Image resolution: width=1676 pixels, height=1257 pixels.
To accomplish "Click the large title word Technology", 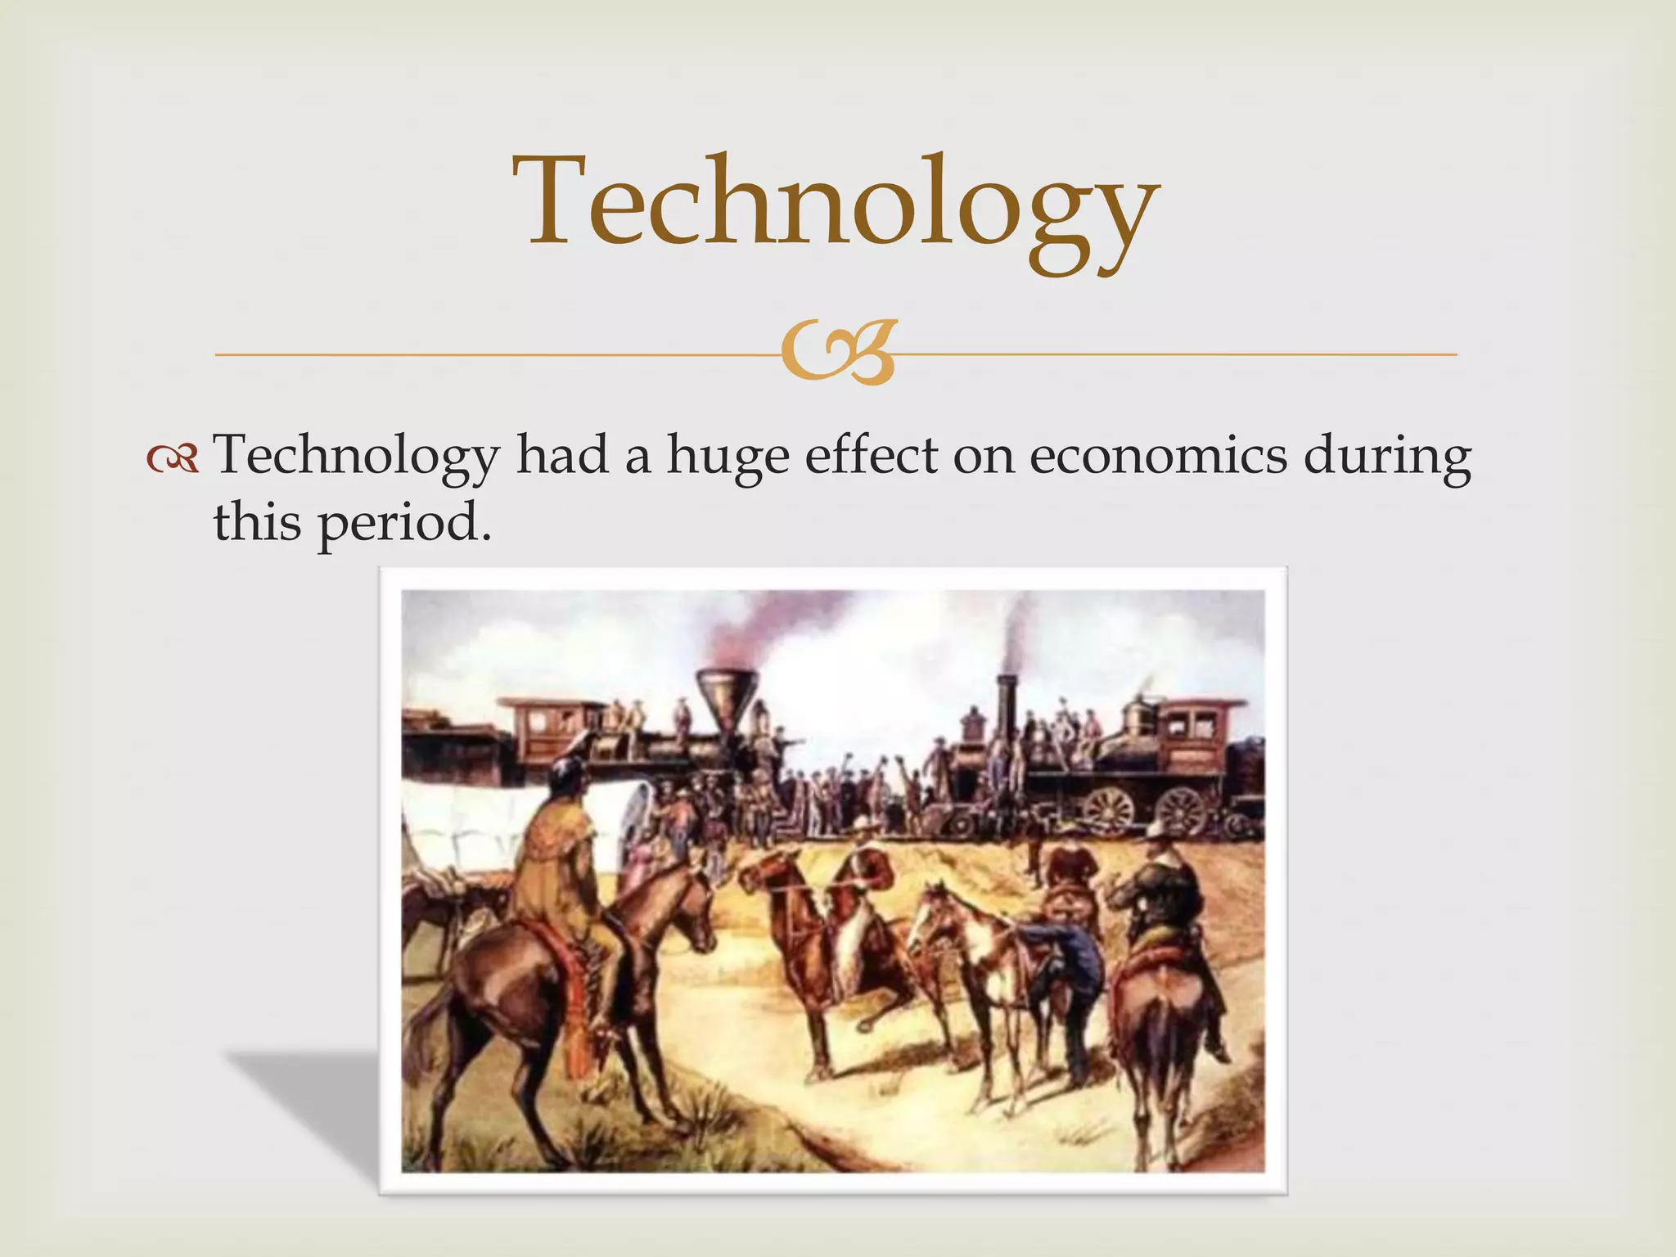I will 835,205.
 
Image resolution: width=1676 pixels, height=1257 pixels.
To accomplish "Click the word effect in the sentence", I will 871,455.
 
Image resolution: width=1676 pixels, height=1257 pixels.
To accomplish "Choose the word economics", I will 1158,455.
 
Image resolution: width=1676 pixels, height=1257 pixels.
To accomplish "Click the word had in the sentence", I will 562,455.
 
